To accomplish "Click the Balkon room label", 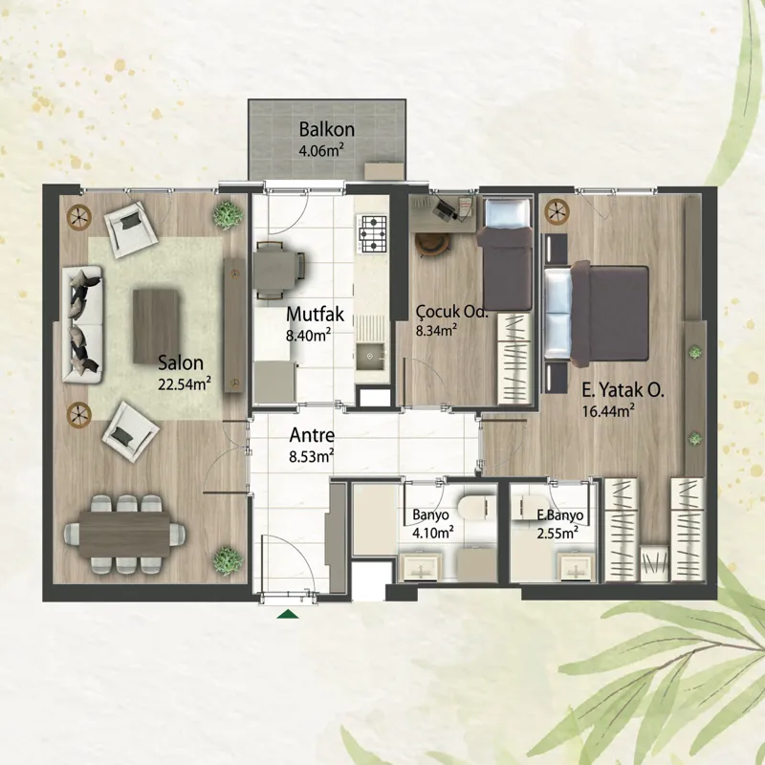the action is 326,130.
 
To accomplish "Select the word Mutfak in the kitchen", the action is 316,315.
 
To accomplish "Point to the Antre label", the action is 312,435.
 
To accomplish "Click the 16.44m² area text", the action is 608,410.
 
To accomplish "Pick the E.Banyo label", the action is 559,515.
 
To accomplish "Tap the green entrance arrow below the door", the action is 288,614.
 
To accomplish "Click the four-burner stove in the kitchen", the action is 373,234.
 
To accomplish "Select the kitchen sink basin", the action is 370,357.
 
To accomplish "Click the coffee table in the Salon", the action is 156,326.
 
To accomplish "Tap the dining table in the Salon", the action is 124,535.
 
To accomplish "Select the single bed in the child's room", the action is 507,253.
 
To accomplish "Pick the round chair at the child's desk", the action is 432,244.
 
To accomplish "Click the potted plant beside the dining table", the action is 228,560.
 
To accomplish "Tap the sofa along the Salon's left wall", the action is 82,324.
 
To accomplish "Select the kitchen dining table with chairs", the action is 278,270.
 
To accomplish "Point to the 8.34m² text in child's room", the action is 436,330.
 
